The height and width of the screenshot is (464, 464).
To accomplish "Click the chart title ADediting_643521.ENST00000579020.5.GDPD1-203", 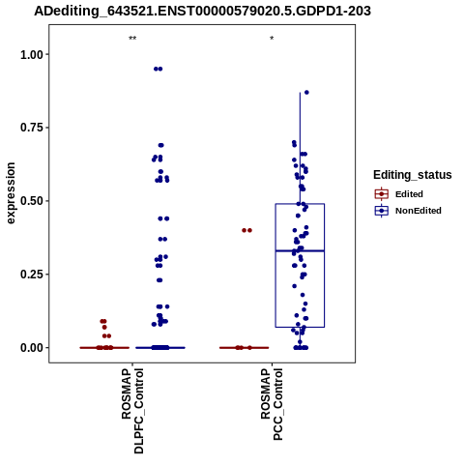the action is [x=202, y=12].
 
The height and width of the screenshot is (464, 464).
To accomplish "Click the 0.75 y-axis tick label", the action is [x=32, y=128].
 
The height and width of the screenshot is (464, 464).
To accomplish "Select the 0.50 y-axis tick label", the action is [x=32, y=201].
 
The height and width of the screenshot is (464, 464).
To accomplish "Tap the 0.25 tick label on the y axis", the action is [x=32, y=275].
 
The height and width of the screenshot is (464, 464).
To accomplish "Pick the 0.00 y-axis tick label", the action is [x=32, y=348].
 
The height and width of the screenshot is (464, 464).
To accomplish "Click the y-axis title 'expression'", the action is [x=11, y=193].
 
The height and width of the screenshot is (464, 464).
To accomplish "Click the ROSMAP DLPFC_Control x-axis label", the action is [x=132, y=411].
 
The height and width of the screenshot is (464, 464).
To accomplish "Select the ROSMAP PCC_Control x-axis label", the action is [x=272, y=404].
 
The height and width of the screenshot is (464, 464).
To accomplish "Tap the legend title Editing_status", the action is [x=413, y=175].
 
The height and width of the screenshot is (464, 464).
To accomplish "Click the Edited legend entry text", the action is [x=409, y=194].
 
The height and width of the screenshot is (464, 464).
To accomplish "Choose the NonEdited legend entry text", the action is [x=419, y=211].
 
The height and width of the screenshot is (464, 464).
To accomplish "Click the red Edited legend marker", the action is [x=382, y=194].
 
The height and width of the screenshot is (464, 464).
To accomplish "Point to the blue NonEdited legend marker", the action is [x=382, y=211].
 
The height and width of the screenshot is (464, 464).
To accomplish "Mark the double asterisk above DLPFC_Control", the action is [x=132, y=39].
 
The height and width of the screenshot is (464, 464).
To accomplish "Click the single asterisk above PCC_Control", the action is [x=272, y=38].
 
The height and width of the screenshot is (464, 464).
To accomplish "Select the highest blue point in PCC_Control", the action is [x=306, y=93].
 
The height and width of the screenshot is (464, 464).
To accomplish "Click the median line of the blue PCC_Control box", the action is [x=300, y=250].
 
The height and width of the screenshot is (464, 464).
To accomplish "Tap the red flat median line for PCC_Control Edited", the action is [x=244, y=348].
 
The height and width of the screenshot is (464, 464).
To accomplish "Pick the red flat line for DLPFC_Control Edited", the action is [x=104, y=348].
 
